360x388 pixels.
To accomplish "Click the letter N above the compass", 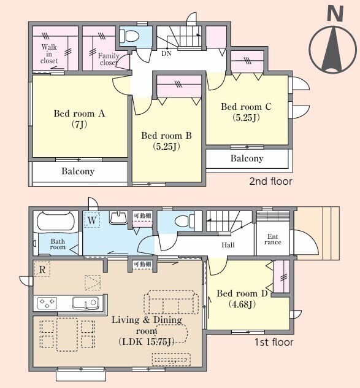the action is (335, 14).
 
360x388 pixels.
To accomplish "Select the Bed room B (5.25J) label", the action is (166, 141).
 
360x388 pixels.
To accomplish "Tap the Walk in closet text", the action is (49, 54).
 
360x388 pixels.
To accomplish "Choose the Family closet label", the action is (109, 59).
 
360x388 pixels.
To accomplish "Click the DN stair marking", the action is (166, 53).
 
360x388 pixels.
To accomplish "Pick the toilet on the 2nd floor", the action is (129, 36).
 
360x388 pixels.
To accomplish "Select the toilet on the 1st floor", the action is (185, 221).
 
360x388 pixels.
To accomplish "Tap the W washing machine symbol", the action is (92, 220).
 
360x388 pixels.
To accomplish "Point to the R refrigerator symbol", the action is (42, 269).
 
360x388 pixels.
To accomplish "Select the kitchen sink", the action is (85, 303).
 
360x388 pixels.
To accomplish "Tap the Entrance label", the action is (273, 239).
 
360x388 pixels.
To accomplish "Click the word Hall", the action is (228, 245).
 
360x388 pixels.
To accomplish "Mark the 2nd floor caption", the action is (270, 181).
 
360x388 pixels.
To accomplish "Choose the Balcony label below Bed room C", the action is (247, 158).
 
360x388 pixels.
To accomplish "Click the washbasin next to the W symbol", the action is (119, 218).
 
